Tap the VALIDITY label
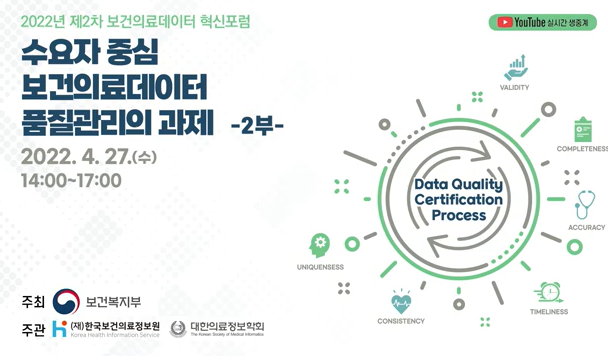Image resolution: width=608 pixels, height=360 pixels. [514, 88]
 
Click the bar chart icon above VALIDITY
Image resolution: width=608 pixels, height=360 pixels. [516, 68]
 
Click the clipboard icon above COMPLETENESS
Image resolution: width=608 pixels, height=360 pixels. [582, 128]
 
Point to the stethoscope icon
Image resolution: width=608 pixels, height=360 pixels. [585, 206]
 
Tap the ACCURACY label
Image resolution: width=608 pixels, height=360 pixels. [586, 228]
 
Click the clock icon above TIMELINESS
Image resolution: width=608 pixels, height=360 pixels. [548, 293]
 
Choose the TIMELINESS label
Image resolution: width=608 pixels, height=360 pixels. [549, 312]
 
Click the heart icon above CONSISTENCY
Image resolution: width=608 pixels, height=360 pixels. [401, 303]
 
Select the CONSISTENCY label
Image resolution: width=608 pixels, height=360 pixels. [401, 321]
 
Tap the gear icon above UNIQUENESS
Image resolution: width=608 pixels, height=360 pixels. [320, 245]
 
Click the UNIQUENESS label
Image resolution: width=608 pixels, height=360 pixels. [320, 267]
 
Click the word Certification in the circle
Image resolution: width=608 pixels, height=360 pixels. [458, 199]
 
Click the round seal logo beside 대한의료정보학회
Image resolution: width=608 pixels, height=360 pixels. [178, 329]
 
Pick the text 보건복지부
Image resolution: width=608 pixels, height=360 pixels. [113, 302]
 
